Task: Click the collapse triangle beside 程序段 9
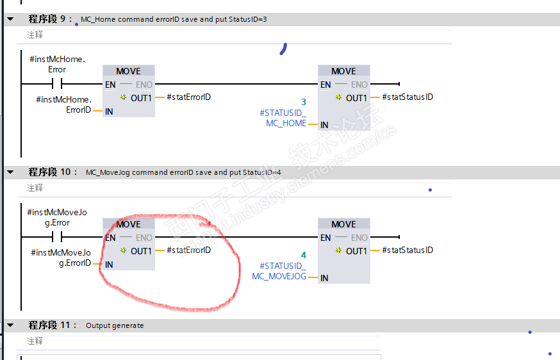click(10, 19)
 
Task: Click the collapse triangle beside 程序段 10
click(10, 172)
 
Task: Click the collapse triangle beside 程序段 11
click(10, 325)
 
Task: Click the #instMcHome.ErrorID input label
click(63, 105)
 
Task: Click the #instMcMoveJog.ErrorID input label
click(61, 258)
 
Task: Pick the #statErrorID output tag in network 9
click(188, 97)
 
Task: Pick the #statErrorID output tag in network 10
click(188, 250)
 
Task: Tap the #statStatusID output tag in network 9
click(407, 97)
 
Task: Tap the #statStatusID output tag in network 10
click(407, 250)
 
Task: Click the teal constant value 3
click(304, 102)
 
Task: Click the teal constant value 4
click(304, 255)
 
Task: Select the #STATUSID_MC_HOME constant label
click(283, 118)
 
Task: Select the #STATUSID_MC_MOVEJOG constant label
click(279, 271)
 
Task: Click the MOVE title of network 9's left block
click(128, 71)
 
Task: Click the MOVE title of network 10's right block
click(343, 224)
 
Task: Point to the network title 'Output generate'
click(115, 325)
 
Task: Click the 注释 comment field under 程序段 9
click(35, 35)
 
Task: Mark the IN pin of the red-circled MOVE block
click(109, 265)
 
